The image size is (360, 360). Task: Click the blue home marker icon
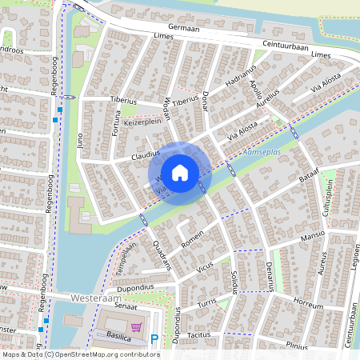(x=180, y=171)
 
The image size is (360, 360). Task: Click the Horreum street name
(x=308, y=305)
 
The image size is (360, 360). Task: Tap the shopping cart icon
(x=137, y=327)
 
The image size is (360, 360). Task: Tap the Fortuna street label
(x=117, y=125)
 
